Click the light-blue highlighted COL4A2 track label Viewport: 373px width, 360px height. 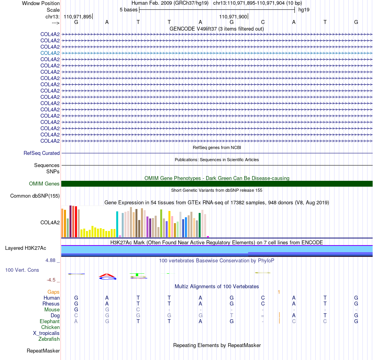(50, 53)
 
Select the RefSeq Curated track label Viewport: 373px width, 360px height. (42, 153)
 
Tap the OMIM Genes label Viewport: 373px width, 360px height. (44, 184)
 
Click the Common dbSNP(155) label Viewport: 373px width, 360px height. (35, 196)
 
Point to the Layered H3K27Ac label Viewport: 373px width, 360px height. (26, 248)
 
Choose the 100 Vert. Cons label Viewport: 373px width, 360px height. (22, 270)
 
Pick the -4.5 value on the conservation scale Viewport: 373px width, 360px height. (51, 280)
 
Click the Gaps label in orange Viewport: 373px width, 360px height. (53, 292)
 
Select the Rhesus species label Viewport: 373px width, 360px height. (51, 304)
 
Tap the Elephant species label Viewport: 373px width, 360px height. (50, 322)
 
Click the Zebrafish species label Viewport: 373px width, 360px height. (49, 339)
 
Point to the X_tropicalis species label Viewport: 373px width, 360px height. (46, 333)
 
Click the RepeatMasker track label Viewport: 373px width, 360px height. (43, 351)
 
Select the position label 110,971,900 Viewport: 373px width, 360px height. (233, 17)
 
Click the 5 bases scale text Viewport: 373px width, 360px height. (128, 10)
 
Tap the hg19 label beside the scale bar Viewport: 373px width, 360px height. (304, 10)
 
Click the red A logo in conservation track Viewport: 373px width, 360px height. (107, 275)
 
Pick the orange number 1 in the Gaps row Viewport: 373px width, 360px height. (279, 292)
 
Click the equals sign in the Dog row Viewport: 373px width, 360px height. (263, 316)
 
